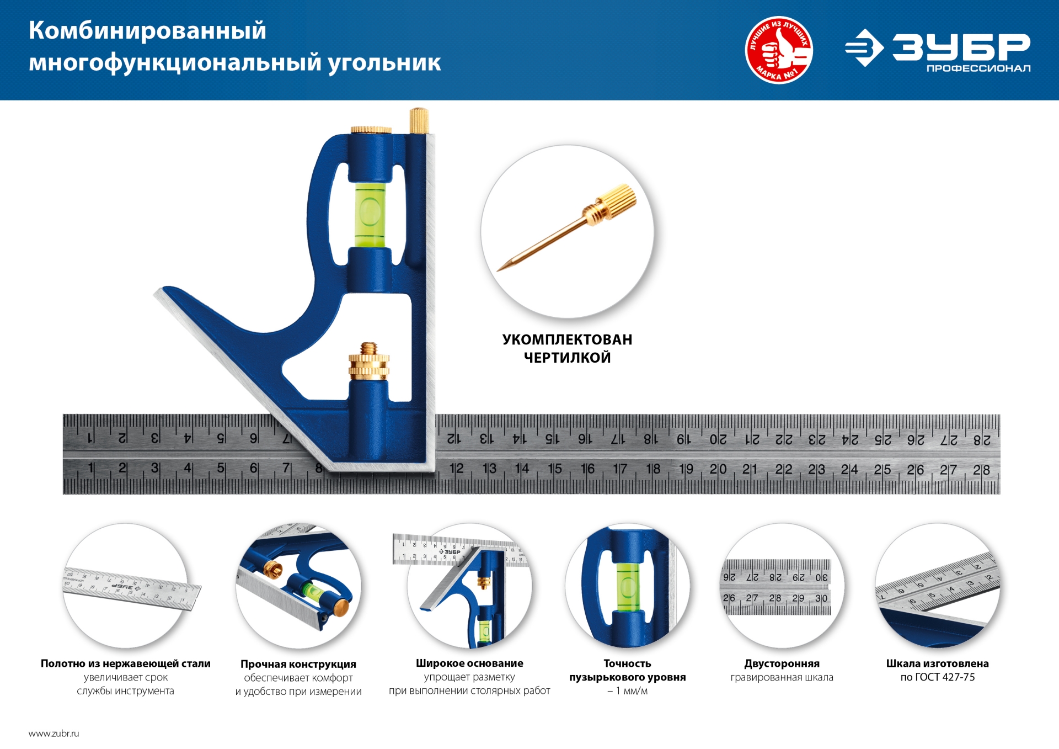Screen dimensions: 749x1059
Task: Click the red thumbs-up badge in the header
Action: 778,50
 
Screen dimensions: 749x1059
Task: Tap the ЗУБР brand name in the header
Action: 961,46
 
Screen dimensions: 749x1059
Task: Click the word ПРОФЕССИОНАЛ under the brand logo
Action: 978,68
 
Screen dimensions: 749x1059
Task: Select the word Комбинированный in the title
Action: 147,30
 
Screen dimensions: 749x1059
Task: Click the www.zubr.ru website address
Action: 54,734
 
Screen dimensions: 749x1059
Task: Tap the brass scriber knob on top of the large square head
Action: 419,120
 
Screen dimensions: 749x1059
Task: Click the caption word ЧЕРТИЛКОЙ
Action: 567,358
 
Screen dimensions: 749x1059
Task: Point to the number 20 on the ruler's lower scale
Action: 718,470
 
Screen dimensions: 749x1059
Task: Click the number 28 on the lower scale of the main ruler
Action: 981,470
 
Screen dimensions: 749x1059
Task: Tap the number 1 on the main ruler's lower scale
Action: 90,469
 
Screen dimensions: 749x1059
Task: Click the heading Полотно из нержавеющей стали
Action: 125,663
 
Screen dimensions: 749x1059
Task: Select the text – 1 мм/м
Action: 627,691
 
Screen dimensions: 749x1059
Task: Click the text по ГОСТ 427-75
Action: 937,677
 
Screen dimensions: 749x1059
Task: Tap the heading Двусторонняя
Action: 782,663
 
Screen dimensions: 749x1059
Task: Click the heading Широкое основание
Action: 469,663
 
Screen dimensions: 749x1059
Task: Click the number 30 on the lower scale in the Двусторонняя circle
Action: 821,598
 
